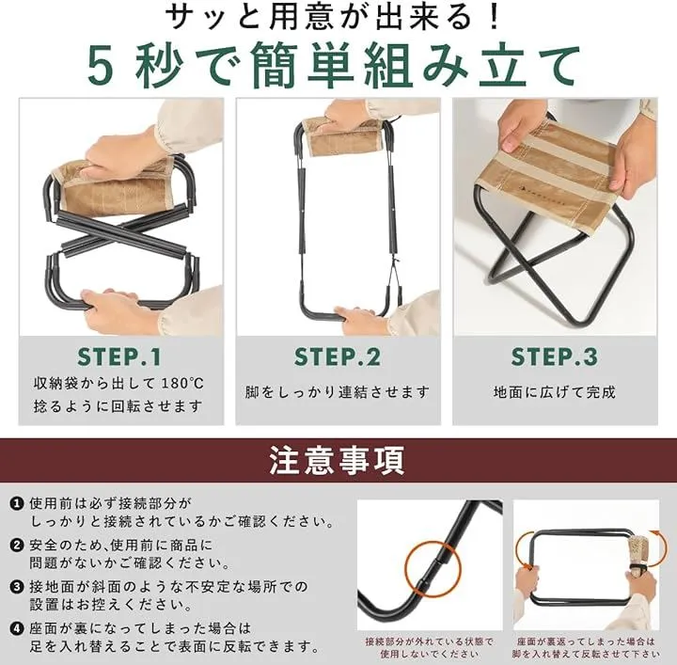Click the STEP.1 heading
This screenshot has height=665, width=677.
[119, 357]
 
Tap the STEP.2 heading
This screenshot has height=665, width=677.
[338, 357]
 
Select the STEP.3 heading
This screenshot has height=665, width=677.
[555, 357]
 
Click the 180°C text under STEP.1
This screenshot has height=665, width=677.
[182, 384]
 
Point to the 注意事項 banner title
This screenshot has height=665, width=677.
[338, 460]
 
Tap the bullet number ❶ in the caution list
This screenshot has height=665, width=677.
[17, 503]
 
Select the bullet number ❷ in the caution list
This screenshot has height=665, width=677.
[17, 545]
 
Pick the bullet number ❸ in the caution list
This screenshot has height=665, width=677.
[17, 587]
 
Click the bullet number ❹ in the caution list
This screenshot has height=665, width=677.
[17, 628]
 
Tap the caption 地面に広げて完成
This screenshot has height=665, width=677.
[555, 392]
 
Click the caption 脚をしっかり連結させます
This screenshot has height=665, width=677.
[338, 392]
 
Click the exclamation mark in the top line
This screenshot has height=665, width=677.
[495, 18]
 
